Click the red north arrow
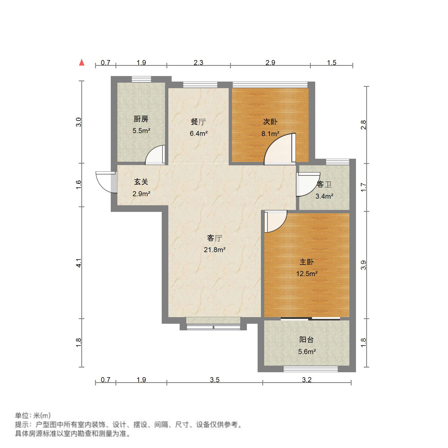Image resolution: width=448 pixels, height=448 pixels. [x=82, y=63]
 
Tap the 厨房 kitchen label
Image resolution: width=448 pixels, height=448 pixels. [x=141, y=119]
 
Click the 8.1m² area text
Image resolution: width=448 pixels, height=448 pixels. [x=270, y=134]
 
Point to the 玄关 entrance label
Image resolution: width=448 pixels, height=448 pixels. [x=141, y=182]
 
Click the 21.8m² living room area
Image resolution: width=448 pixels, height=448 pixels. [x=215, y=250]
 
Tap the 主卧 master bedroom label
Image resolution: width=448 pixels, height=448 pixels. [x=307, y=262]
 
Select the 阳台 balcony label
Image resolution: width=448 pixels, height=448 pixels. [x=306, y=340]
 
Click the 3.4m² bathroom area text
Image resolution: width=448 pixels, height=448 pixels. [x=324, y=196]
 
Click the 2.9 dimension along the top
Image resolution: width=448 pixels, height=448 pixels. [x=270, y=63]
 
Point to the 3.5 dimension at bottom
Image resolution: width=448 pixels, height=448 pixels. [x=215, y=380]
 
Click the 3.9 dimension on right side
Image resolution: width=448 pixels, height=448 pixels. [x=363, y=265]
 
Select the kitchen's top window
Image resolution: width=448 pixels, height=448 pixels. [x=141, y=79]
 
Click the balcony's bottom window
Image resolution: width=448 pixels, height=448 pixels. [x=311, y=369]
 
